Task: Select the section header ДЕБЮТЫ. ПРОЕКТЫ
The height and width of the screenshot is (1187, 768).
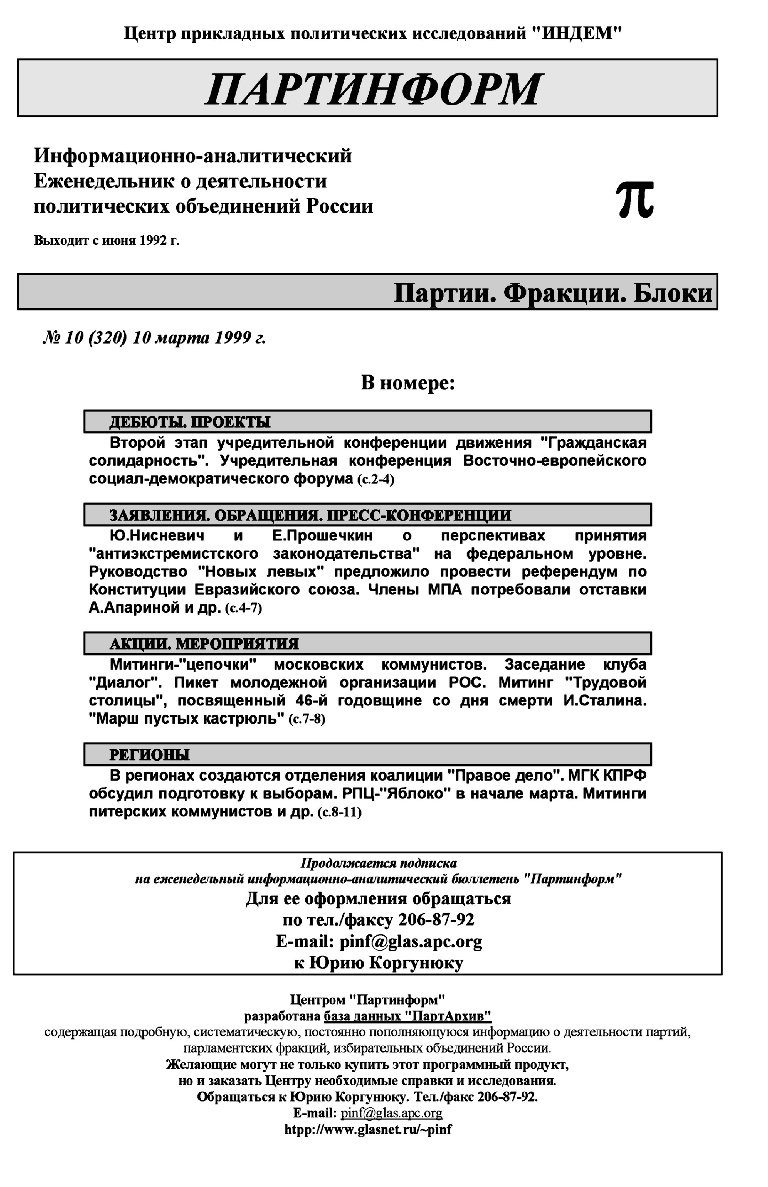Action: click(189, 422)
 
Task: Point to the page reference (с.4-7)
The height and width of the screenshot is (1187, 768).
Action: click(244, 609)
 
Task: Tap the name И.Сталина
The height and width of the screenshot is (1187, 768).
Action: click(604, 701)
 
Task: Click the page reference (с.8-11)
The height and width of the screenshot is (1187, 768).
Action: click(339, 812)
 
